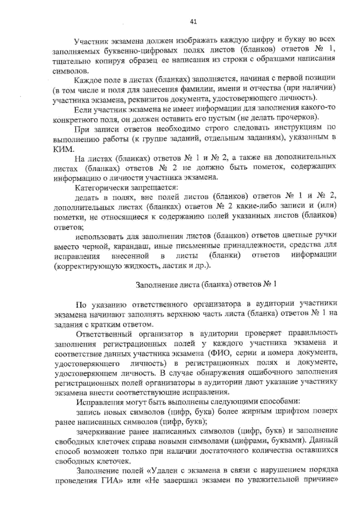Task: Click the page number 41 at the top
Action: point(193,22)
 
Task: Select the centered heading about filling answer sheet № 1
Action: point(206,284)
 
